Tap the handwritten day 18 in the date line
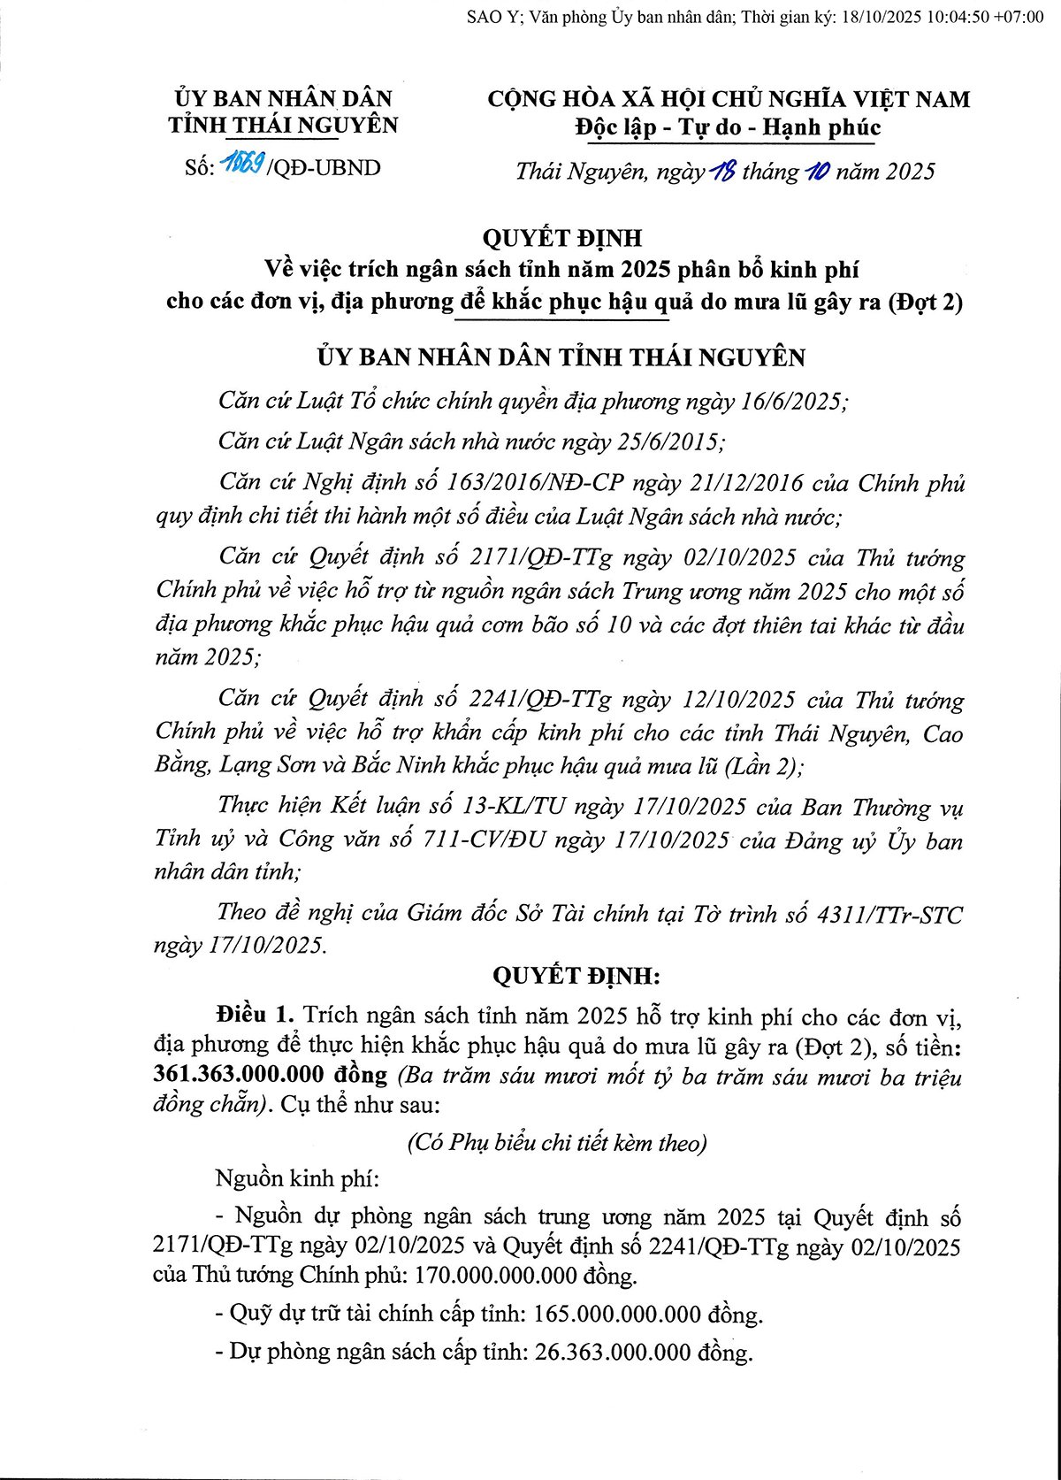coord(723,171)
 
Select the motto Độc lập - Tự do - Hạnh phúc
coord(727,127)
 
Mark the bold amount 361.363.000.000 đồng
coord(270,1074)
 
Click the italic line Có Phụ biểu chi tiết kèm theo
coord(557,1143)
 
